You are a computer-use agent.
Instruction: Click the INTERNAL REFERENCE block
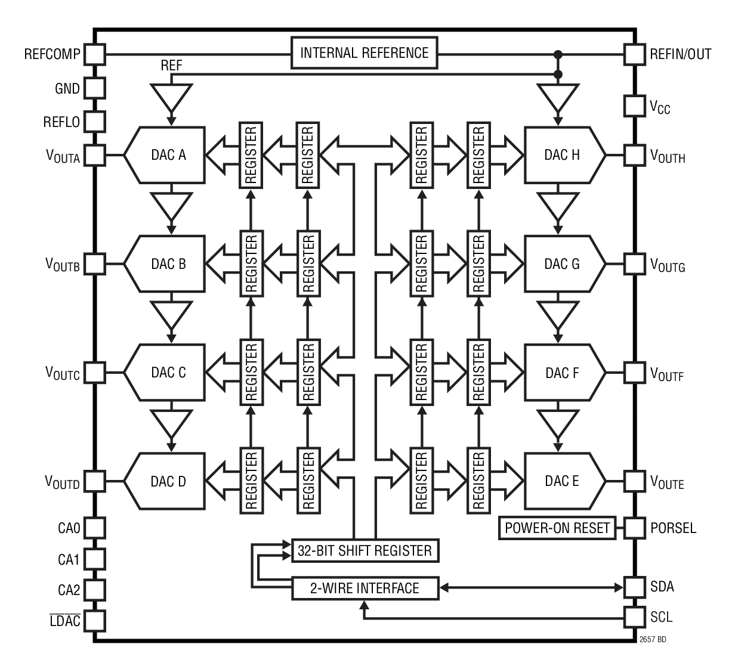coord(364,53)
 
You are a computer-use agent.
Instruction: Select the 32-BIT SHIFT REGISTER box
coord(365,550)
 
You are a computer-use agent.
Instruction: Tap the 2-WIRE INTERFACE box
coord(365,588)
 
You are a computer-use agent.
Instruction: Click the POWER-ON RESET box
coord(557,528)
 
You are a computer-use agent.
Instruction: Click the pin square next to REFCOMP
coord(94,55)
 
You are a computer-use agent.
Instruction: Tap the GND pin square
coord(94,89)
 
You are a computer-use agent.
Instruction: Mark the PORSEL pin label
coord(673,528)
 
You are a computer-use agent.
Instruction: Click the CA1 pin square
coord(94,559)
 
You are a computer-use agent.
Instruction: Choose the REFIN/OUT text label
coord(680,54)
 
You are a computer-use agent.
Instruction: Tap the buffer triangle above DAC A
coord(171,97)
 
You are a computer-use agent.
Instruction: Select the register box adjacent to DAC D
coord(251,481)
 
